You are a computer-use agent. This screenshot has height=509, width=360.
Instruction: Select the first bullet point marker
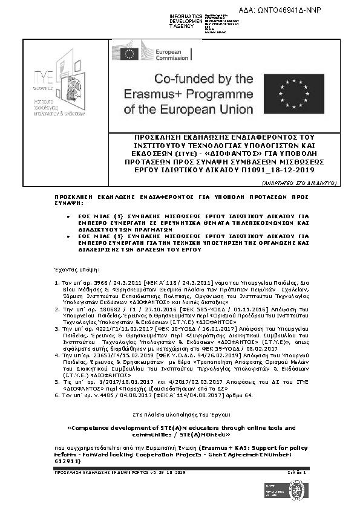(x=68, y=215)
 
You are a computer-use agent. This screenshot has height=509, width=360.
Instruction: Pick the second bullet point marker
(x=68, y=236)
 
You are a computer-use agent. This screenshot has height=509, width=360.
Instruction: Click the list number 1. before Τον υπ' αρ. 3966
(x=56, y=282)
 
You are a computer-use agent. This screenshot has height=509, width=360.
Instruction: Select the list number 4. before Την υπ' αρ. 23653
(x=56, y=357)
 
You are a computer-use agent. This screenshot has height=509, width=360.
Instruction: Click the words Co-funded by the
(x=188, y=79)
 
